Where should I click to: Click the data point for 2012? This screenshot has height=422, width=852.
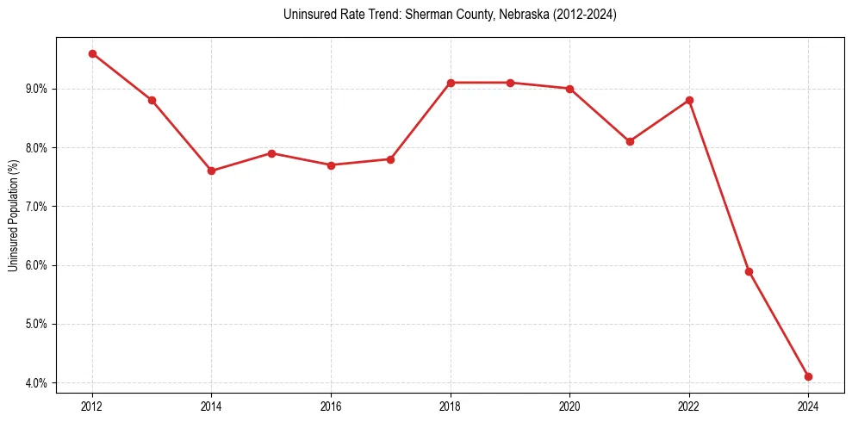(x=92, y=53)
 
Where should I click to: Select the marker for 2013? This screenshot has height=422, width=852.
(x=152, y=100)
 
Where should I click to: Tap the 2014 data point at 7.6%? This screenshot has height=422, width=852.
(x=211, y=171)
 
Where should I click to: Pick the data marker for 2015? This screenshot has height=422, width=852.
(x=271, y=153)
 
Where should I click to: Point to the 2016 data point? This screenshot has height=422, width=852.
(x=331, y=164)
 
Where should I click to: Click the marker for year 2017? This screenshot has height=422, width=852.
(x=390, y=159)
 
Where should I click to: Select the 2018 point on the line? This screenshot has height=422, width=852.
(x=451, y=83)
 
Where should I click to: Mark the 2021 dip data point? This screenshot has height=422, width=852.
(x=630, y=141)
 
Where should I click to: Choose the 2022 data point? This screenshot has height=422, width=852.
(x=689, y=100)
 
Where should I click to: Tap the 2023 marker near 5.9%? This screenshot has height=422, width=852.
(x=749, y=271)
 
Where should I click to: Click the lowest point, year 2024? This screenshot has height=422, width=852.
(x=808, y=376)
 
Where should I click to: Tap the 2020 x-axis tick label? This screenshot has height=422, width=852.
(x=569, y=406)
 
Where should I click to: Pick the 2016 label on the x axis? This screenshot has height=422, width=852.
(x=331, y=406)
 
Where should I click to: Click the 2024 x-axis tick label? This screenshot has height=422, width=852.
(x=808, y=406)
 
